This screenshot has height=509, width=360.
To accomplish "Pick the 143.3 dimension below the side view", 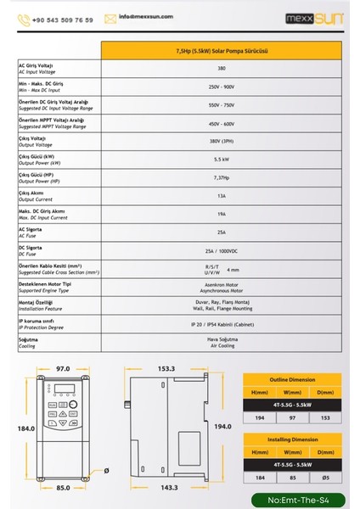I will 167,489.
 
